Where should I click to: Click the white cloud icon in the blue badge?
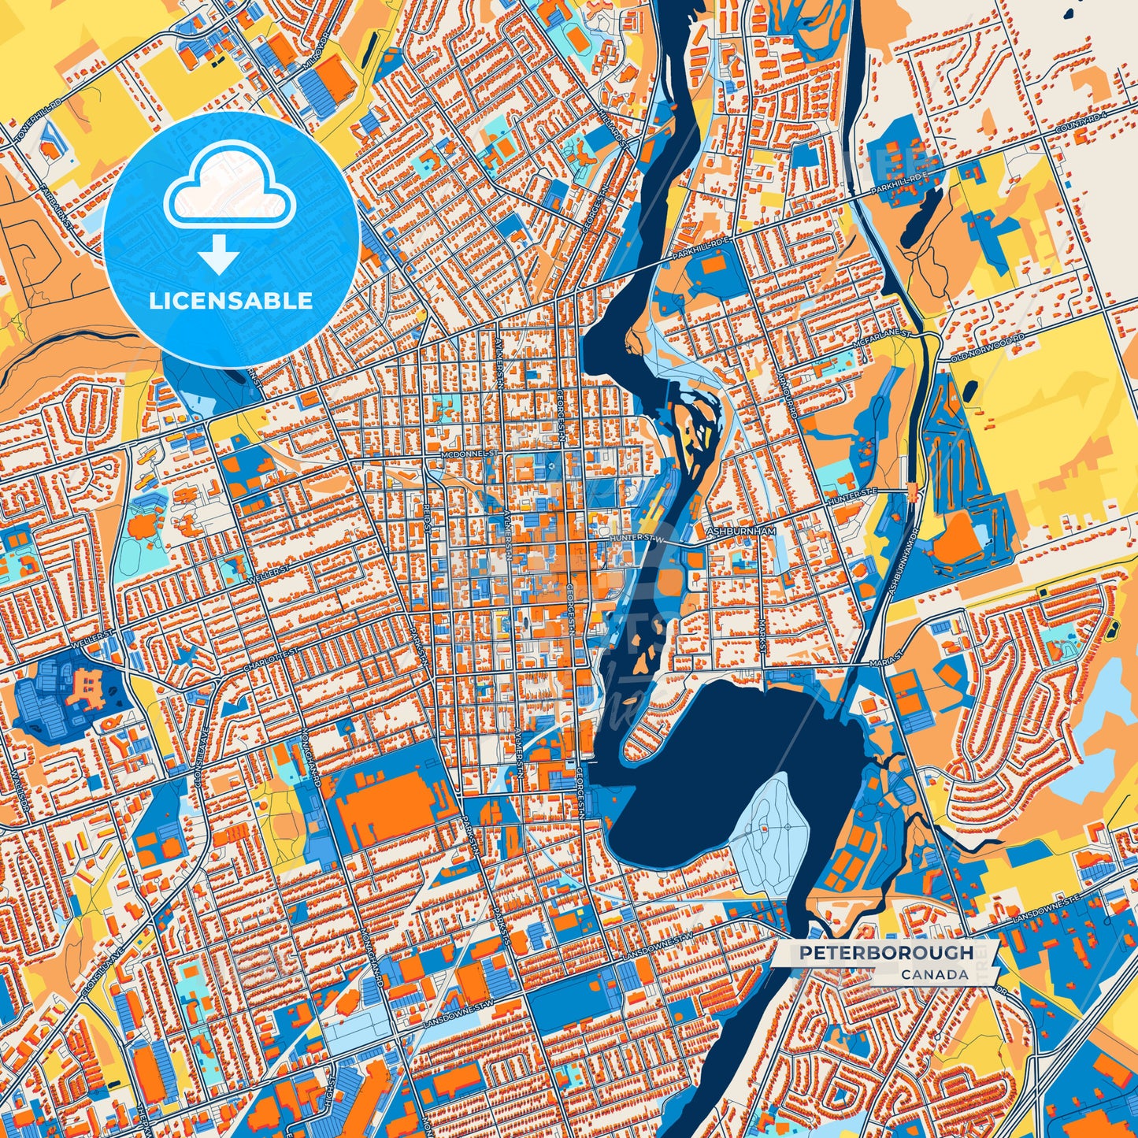(229, 194)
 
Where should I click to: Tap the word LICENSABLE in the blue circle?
(231, 301)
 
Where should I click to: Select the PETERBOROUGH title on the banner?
(886, 953)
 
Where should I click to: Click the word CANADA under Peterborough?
(935, 974)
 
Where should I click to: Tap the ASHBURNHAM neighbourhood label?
(742, 532)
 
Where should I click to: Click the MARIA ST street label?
(884, 665)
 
